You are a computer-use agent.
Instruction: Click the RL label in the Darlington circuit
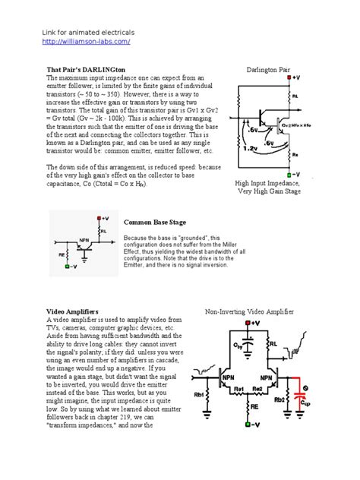295,96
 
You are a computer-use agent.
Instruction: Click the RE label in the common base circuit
60,255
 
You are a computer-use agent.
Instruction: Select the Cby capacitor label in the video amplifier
238,346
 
